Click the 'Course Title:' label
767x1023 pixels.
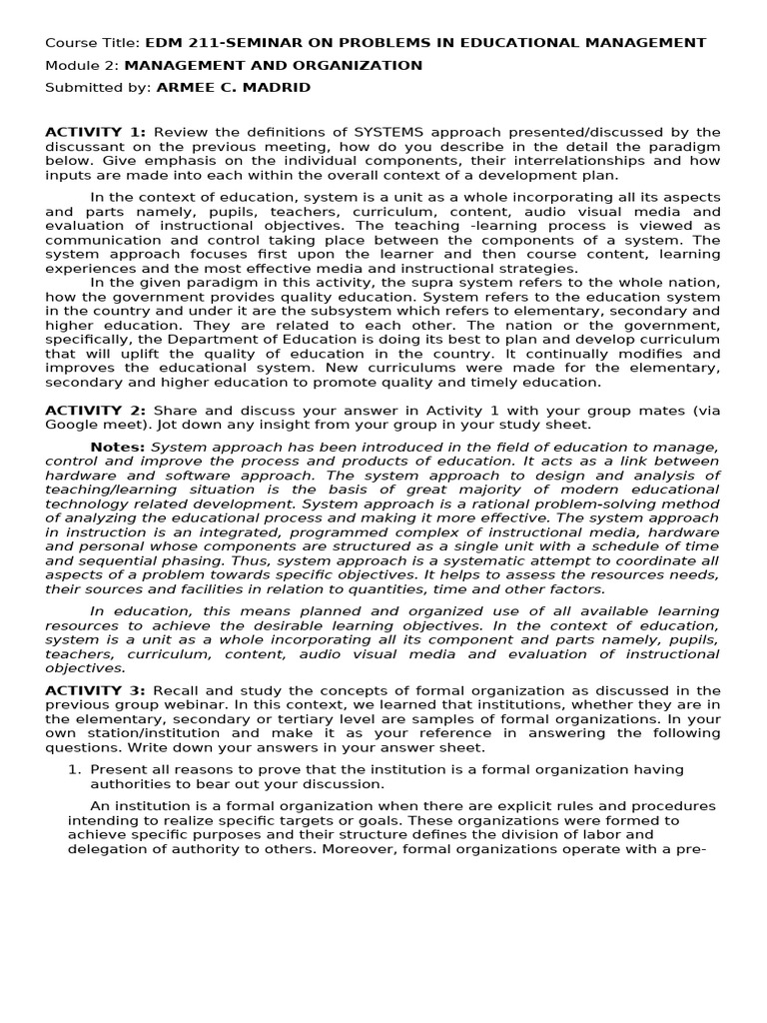pos(93,43)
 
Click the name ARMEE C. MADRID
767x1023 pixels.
pos(233,88)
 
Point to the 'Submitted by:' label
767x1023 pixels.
pos(98,88)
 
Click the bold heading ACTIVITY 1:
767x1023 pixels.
pos(96,132)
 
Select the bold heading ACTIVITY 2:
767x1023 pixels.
pos(96,411)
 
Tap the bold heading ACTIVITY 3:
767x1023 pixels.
pos(96,690)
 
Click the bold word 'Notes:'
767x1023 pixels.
pos(117,447)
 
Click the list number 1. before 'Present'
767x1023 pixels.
pos(74,769)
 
